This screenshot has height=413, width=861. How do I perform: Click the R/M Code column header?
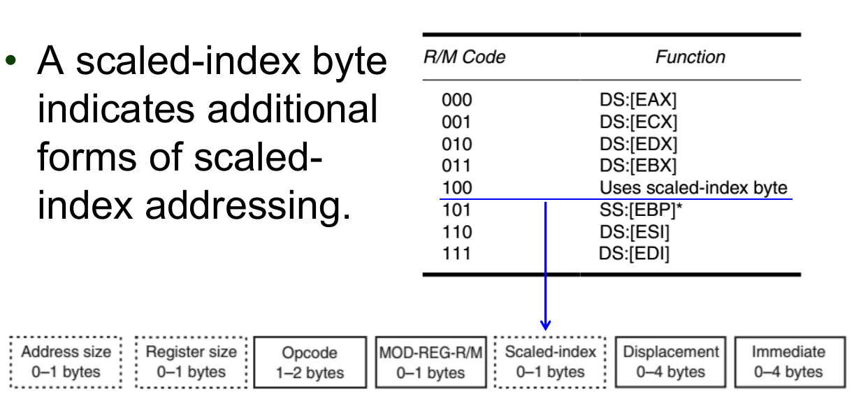click(464, 57)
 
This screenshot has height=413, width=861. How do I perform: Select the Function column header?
click(690, 57)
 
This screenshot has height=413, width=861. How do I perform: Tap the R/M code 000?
click(456, 101)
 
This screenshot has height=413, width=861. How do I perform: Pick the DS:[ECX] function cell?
click(634, 122)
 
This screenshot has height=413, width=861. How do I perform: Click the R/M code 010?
click(456, 144)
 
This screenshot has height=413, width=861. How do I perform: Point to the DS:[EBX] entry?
click(634, 166)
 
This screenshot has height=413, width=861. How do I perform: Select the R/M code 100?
click(456, 187)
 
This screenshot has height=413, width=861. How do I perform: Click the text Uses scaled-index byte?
click(693, 187)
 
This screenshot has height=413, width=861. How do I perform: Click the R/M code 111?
click(456, 253)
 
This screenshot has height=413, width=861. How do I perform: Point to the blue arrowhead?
click(546, 325)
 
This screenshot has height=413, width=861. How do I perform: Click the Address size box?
click(66, 362)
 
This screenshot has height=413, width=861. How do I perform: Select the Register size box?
click(191, 362)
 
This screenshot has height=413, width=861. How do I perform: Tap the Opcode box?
click(310, 363)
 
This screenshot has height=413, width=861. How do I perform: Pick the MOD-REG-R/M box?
click(430, 363)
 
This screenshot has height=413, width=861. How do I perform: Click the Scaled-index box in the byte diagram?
click(550, 362)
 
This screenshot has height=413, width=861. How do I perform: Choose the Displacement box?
click(670, 362)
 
